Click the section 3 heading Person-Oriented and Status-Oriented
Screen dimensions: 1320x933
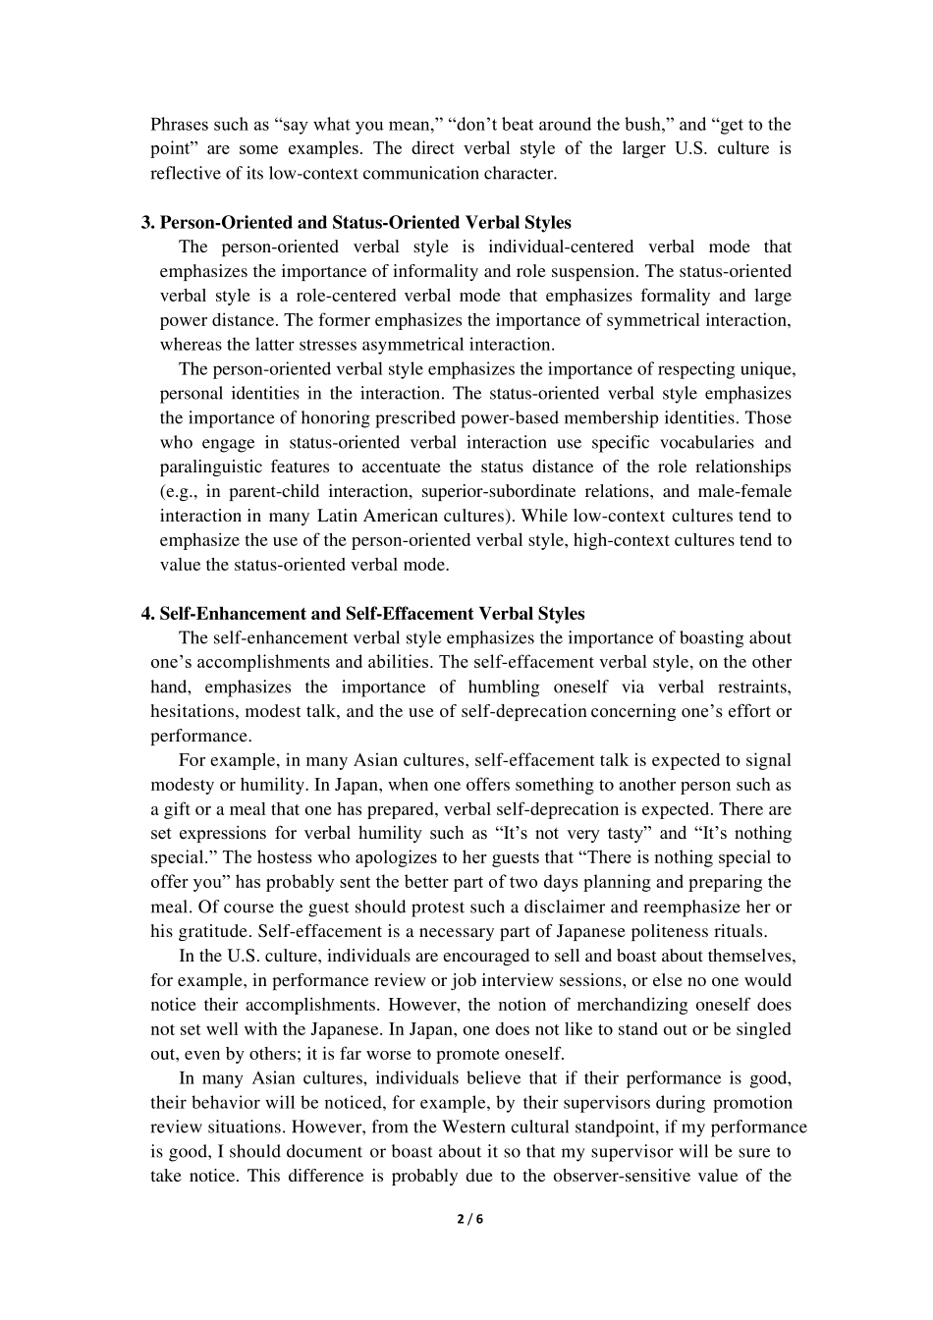364,222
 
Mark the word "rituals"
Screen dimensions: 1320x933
741,931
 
